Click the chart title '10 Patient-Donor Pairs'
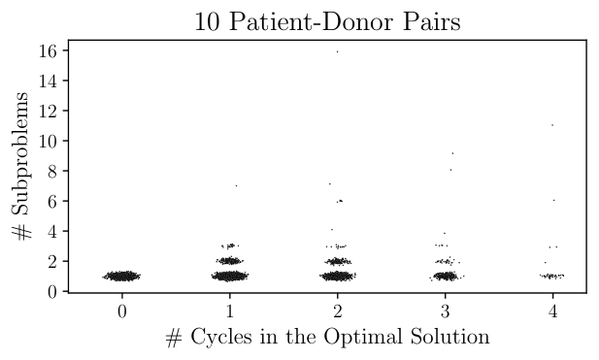coord(327,21)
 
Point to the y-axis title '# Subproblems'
coord(20,166)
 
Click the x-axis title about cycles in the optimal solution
coord(327,337)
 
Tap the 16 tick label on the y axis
coord(49,50)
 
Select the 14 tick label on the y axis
coord(49,81)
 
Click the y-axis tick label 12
coord(49,111)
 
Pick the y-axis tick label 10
coord(49,141)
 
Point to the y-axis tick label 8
coord(52,171)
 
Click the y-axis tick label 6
coord(52,201)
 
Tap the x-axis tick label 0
coord(122,311)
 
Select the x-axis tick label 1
coord(229,311)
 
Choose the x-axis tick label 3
coord(445,311)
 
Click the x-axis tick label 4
coord(552,311)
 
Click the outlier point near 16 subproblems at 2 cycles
coord(337,51)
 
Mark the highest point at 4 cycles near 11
coord(552,125)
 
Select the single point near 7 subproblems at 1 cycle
coord(236,186)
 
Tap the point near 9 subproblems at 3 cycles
coord(452,153)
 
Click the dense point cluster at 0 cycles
coord(121,276)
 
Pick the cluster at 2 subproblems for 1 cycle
coord(229,261)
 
